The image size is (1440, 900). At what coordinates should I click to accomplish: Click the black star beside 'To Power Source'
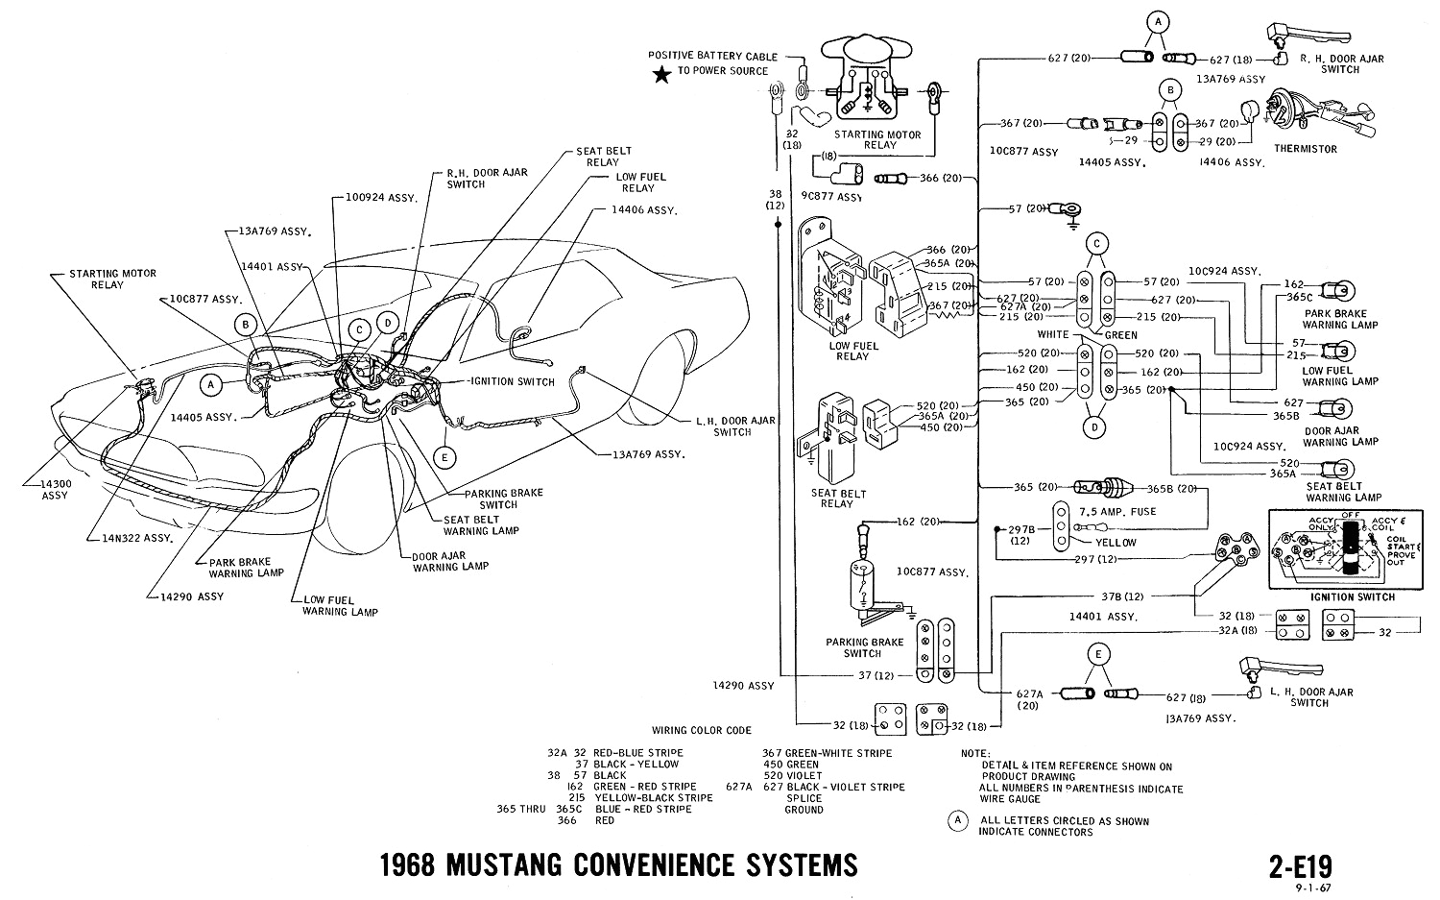click(x=661, y=76)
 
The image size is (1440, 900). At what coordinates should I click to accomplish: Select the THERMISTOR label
click(x=1305, y=149)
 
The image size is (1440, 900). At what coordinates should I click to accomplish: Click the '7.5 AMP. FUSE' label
click(x=1117, y=511)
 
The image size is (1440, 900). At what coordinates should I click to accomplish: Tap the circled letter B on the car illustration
click(x=247, y=325)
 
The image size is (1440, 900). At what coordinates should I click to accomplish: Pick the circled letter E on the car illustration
click(x=444, y=458)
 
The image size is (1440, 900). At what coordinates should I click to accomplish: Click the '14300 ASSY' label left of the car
click(x=55, y=489)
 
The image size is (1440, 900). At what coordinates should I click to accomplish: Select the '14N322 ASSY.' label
click(x=140, y=539)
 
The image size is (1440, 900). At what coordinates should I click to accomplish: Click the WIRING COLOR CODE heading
click(x=701, y=730)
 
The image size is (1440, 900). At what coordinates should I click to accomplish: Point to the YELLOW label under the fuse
click(x=1116, y=543)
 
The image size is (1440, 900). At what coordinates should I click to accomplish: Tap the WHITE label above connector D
click(x=1053, y=335)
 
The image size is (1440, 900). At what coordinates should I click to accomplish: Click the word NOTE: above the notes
click(x=975, y=754)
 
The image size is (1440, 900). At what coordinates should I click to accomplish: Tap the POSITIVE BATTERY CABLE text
click(x=712, y=57)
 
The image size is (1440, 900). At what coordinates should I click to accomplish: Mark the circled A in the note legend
click(x=956, y=820)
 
